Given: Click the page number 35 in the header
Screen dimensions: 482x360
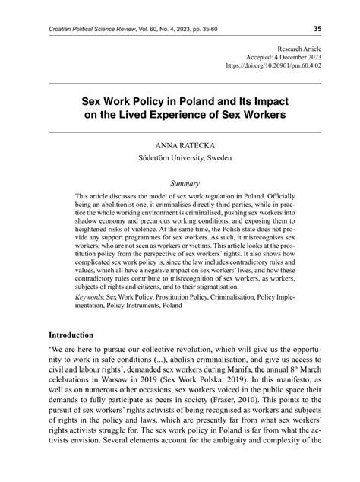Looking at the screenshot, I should (x=317, y=29).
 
